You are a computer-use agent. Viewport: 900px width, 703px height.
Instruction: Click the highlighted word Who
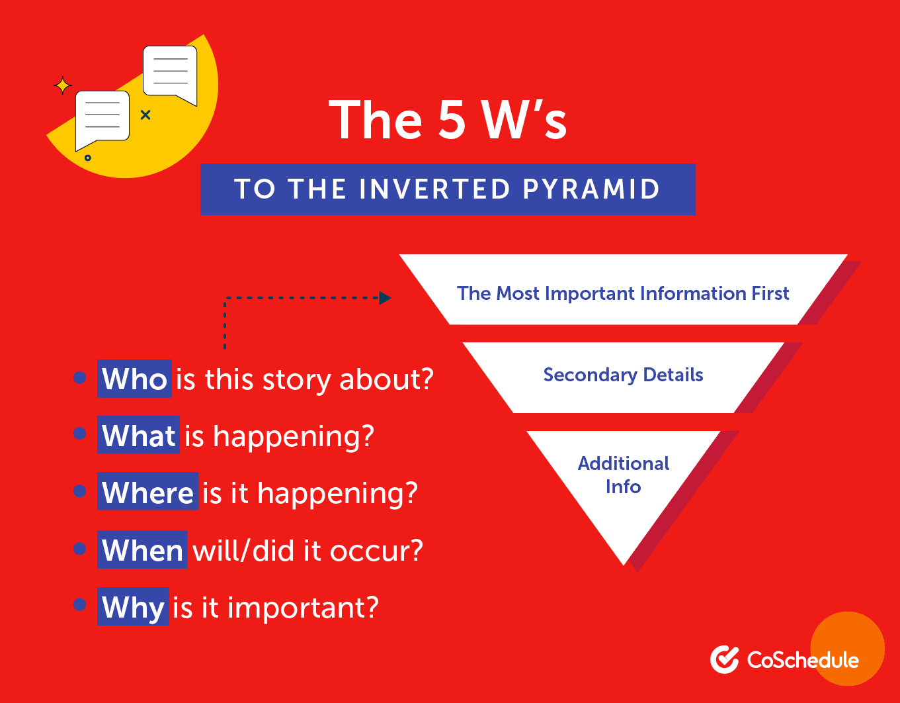click(134, 379)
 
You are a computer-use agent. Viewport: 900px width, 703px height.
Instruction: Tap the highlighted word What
click(138, 436)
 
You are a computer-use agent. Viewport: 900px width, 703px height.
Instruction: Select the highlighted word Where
click(147, 493)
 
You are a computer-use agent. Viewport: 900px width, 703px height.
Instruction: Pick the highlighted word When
click(142, 550)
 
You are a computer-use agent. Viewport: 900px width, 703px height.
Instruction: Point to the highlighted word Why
click(133, 607)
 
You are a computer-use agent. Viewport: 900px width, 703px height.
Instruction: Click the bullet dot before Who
click(80, 378)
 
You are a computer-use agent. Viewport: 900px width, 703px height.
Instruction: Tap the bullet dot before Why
click(80, 604)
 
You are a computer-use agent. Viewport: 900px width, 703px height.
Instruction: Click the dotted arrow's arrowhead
click(385, 298)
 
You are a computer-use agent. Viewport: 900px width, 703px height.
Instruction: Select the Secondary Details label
click(623, 375)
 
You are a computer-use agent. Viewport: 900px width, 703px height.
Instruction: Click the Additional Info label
click(623, 475)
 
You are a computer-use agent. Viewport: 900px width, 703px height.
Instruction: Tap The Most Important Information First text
click(623, 293)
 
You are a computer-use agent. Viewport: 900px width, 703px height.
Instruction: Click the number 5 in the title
click(451, 120)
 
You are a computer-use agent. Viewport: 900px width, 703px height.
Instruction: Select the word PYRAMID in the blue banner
click(591, 189)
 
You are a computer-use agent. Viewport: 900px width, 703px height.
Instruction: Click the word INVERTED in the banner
click(434, 189)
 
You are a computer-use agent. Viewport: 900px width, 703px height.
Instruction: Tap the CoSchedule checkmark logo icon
click(724, 659)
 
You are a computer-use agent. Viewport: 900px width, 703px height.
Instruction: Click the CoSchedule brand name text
click(803, 660)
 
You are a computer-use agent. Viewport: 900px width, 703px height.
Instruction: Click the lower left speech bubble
click(102, 118)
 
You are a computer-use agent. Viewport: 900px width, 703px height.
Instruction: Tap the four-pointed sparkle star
click(63, 86)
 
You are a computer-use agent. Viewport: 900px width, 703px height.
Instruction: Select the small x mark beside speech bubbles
click(145, 115)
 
